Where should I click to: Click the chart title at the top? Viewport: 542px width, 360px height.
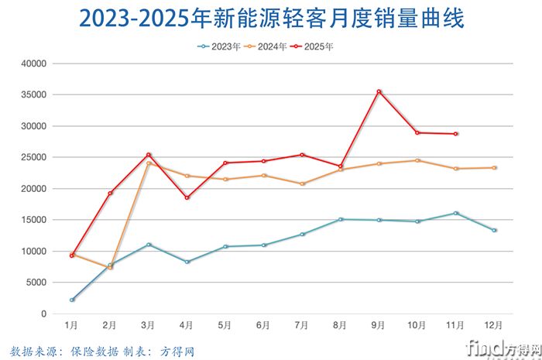click(270, 19)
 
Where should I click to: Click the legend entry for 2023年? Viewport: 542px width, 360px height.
click(219, 46)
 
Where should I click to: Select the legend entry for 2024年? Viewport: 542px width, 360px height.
click(266, 46)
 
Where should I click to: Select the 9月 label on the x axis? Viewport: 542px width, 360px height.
click(379, 325)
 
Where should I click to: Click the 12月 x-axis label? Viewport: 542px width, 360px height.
click(494, 325)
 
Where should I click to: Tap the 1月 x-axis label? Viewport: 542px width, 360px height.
click(71, 325)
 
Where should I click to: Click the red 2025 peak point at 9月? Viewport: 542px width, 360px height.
click(379, 91)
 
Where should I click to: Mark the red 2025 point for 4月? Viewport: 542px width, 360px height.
click(187, 197)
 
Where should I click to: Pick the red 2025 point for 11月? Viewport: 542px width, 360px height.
click(456, 134)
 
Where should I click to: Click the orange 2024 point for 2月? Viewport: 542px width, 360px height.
click(111, 268)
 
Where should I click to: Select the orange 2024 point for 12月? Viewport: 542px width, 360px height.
click(494, 168)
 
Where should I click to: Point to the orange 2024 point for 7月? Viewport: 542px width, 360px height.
click(302, 183)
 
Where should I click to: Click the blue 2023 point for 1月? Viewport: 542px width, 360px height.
click(72, 300)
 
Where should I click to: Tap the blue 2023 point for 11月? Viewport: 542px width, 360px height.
click(456, 213)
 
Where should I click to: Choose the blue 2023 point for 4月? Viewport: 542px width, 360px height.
click(187, 262)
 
